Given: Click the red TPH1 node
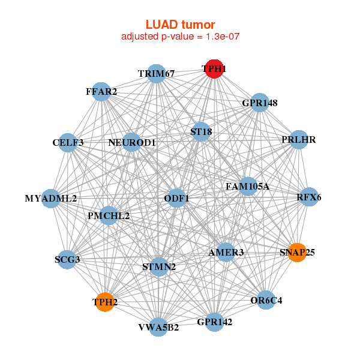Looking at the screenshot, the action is pos(214,69).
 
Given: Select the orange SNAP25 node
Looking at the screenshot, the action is pos(297,252).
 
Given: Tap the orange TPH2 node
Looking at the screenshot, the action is pos(105,302).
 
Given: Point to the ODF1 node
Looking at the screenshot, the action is pos(176,198).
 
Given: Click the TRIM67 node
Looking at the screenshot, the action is pos(156,74).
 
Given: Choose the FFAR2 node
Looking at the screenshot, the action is pos(101,92).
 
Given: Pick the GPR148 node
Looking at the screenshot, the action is pos(260,103).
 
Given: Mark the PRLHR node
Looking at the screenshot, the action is pos(298,140).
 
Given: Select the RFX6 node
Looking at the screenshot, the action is pos(309,197).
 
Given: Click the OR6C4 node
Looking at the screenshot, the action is pos(266,299).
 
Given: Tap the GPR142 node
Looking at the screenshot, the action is pos(214,322).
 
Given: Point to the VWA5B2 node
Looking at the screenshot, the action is pos(158,327).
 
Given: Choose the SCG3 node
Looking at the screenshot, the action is pos(67,259).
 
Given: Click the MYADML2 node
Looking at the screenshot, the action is pos(50,198).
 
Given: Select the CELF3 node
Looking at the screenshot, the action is pos(68,142).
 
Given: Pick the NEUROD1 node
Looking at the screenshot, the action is pos(132,142).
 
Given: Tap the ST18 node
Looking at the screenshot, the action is pos(201,131).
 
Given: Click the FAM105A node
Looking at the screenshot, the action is pos(247,187).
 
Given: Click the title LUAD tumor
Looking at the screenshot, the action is pos(180,25).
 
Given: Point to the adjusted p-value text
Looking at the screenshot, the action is pos(180,37).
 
